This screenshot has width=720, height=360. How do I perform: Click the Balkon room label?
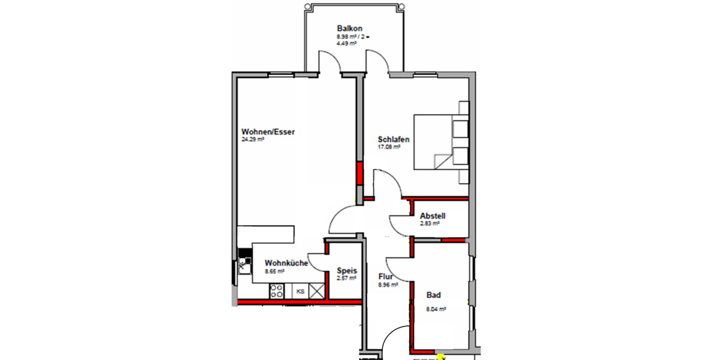(x=349, y=29)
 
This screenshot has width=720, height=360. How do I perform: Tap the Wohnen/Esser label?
(x=268, y=132)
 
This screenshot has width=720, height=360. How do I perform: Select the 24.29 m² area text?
(x=253, y=139)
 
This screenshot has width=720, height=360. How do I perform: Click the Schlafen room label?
(x=393, y=139)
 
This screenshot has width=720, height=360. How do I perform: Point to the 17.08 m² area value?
(x=389, y=146)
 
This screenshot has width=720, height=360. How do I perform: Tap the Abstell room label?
(x=433, y=216)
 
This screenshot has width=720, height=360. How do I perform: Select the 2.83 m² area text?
(x=430, y=223)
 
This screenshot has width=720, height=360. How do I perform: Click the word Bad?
(x=433, y=295)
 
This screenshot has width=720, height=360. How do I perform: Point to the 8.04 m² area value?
(x=436, y=310)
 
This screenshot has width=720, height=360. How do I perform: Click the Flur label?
(x=385, y=277)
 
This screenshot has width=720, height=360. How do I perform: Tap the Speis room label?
(x=347, y=271)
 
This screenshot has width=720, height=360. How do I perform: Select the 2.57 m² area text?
(x=347, y=278)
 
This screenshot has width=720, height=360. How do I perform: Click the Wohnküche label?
(x=286, y=263)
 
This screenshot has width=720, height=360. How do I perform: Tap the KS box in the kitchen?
(x=300, y=292)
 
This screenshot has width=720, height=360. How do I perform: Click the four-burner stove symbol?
(x=277, y=292)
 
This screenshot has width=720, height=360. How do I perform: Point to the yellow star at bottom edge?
(x=442, y=356)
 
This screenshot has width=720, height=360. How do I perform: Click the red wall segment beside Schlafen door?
(x=360, y=173)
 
